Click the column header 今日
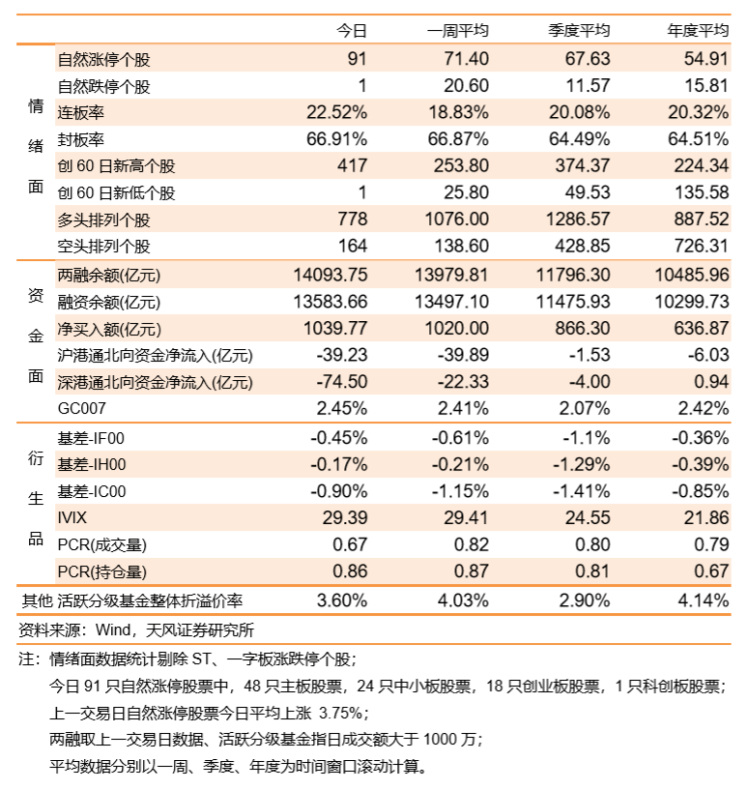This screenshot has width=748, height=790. pos(352,31)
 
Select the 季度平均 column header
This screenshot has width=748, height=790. pos(579,31)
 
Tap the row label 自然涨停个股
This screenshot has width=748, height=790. pos(103,59)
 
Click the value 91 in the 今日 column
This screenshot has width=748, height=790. pos(357,58)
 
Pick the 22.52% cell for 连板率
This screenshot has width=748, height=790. pos(337,112)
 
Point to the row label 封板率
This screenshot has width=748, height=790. pos(80,139)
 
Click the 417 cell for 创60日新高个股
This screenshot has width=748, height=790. pos(352,165)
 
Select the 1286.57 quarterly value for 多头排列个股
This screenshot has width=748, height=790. pos(578,219)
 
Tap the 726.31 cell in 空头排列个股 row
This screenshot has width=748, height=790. pos(702,246)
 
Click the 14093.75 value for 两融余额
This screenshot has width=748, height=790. pos(331,275)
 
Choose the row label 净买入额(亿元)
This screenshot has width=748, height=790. pos(109,329)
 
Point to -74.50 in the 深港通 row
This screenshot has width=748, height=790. pos(342,381)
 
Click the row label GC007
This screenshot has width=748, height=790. pos(81,408)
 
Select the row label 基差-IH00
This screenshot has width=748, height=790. pos(92,464)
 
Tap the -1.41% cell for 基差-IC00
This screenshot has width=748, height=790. pos(581,490)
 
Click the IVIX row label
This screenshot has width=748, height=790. pos(72,517)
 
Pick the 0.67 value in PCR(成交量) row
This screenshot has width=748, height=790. pos(350,544)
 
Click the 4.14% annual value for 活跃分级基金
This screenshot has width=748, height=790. pos(704,600)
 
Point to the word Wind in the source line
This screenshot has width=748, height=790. pos(113,629)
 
